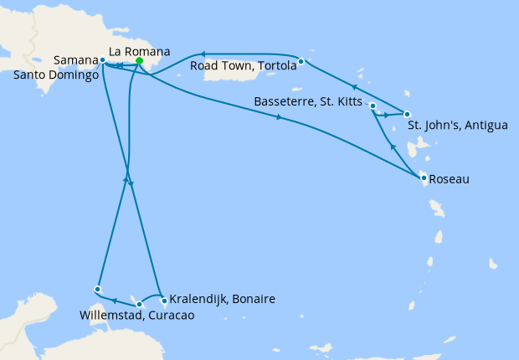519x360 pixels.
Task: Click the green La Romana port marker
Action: coord(139,61)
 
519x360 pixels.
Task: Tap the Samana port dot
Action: coord(102,60)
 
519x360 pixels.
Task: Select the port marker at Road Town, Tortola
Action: coord(300,61)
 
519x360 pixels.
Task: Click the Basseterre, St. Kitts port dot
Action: coord(372,106)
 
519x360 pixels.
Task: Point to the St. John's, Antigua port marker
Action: coord(407,114)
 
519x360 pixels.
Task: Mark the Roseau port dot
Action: coord(424,177)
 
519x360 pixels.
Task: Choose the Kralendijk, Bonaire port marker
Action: coord(164,300)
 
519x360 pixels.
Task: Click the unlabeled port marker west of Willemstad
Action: coord(98,289)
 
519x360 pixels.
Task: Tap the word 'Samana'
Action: coord(75,60)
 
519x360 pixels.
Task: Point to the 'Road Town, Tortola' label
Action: coord(243,66)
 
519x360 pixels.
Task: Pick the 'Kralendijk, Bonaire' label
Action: coord(223,299)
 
